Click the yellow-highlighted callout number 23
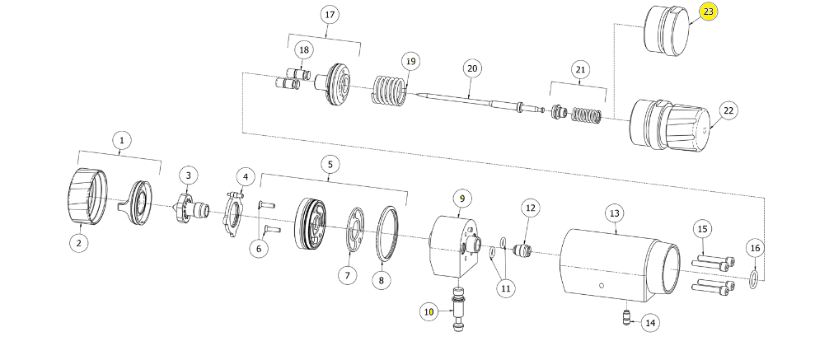[x=709, y=12]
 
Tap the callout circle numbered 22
[x=728, y=110]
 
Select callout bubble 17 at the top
[x=330, y=16]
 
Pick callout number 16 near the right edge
[x=755, y=248]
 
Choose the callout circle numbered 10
[x=429, y=311]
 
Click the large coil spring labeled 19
[x=388, y=91]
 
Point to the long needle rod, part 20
[x=470, y=101]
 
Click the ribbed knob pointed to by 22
[x=669, y=126]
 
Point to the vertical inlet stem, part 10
[x=458, y=311]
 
